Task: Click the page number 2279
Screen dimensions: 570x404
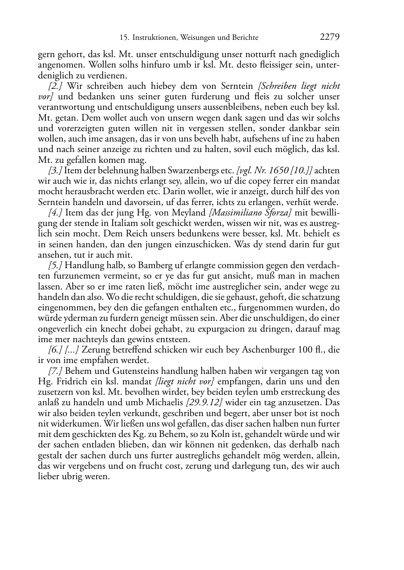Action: coord(330,37)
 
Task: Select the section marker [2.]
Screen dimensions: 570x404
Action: coord(56,86)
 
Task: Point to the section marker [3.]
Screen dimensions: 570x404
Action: coord(55,170)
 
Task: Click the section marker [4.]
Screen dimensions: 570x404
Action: coord(56,213)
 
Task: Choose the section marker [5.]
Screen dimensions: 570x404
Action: coord(56,265)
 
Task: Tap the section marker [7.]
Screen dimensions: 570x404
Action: coord(56,371)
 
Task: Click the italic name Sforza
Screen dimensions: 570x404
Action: coord(278,213)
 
